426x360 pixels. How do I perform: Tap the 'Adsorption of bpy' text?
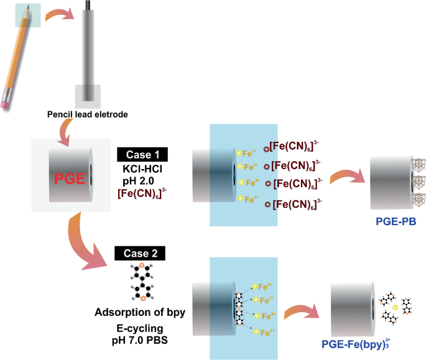tap(141, 312)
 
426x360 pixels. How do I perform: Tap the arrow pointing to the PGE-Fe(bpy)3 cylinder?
tap(303, 307)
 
